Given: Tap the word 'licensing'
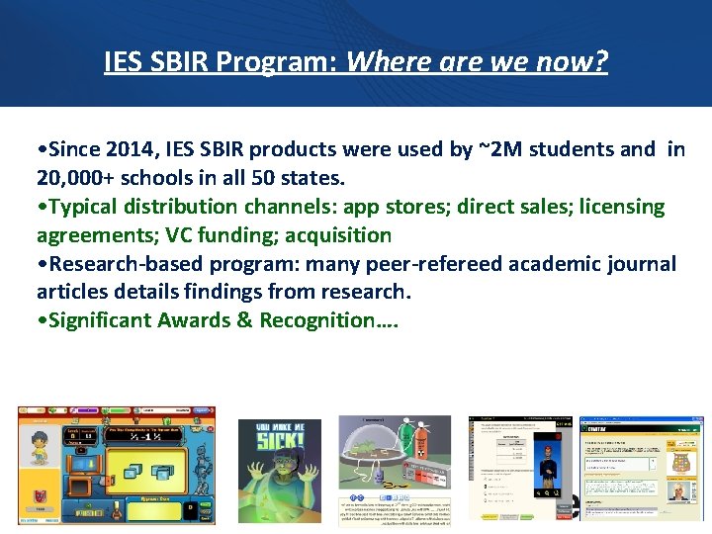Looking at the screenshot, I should pos(612,207).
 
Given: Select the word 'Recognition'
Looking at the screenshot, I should pos(320,320).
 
